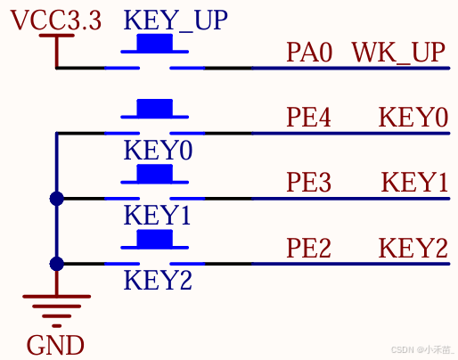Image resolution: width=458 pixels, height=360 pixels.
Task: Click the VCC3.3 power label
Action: point(56,20)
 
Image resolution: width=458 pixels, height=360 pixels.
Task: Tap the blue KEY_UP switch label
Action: point(176,20)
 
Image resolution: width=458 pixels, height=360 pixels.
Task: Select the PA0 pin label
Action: point(309,53)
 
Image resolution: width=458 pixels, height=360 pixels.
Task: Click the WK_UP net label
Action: point(398,53)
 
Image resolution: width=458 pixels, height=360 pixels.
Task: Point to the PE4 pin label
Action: point(308,118)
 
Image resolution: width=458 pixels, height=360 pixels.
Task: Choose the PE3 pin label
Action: point(308,182)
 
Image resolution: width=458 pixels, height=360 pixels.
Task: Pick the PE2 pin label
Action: point(308,248)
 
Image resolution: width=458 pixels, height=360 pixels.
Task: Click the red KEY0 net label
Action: point(413,118)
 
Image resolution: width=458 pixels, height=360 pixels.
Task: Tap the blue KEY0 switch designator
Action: point(158,151)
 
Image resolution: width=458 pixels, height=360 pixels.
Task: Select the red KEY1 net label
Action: point(414,182)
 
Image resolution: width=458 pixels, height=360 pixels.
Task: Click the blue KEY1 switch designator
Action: point(157,216)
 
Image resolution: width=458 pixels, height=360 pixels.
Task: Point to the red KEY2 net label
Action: point(413,248)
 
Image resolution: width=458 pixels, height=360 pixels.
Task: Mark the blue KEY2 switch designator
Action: point(158,280)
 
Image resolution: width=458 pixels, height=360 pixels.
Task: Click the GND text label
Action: point(55,345)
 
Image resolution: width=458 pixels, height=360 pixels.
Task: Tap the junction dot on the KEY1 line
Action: point(57,199)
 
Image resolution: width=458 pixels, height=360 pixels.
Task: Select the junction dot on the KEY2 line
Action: point(57,264)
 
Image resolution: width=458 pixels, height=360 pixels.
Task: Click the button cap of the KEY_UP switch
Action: point(154,43)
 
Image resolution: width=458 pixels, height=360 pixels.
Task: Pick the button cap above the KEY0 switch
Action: point(154,108)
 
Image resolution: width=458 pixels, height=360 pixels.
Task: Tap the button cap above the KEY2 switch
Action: point(154,238)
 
